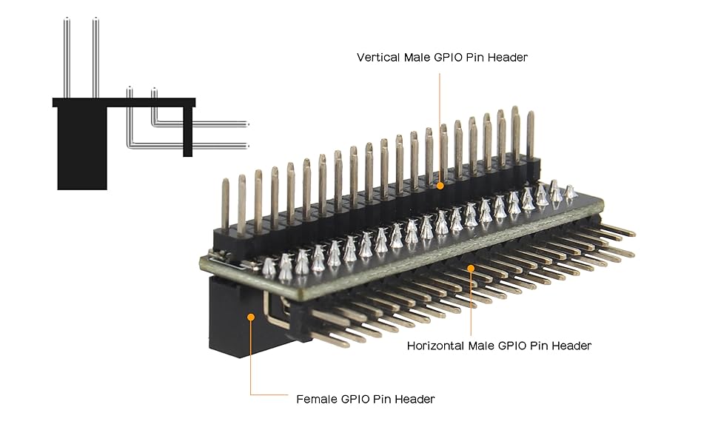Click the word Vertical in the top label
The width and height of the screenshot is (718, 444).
pyautogui.click(x=380, y=57)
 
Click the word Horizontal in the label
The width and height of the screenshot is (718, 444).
pyautogui.click(x=437, y=346)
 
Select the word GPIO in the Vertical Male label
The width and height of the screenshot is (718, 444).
pyautogui.click(x=448, y=57)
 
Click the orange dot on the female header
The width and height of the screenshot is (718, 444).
pyautogui.click(x=251, y=317)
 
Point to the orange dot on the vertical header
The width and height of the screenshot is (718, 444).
pyautogui.click(x=440, y=186)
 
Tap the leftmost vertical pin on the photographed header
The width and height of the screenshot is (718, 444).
pyautogui.click(x=226, y=203)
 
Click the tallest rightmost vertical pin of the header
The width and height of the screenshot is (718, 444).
pyautogui.click(x=515, y=133)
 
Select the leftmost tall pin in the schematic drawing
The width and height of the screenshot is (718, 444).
pyautogui.click(x=66, y=59)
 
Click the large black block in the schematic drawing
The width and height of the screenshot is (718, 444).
pyautogui.click(x=81, y=148)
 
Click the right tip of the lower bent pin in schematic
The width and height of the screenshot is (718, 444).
pyautogui.click(x=246, y=146)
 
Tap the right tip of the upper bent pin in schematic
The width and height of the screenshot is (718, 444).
pyautogui.click(x=246, y=124)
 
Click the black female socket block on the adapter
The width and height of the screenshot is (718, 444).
pyautogui.click(x=233, y=318)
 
